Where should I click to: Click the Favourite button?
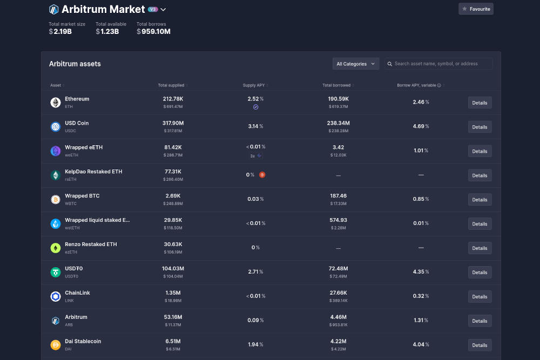click(476, 9)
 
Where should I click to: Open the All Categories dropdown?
click(356, 64)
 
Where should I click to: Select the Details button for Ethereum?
click(480, 103)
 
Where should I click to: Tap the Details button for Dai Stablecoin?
click(480, 345)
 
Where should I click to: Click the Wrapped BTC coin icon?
click(55, 200)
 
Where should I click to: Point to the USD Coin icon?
click(55, 127)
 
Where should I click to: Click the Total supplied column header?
click(171, 85)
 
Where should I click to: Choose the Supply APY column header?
click(254, 85)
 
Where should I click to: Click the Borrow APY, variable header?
click(417, 85)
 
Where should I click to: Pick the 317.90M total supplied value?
click(173, 123)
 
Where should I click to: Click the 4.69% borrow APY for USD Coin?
click(421, 126)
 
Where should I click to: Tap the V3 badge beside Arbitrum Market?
click(153, 9)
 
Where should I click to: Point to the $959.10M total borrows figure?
click(153, 31)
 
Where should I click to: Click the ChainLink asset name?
click(77, 293)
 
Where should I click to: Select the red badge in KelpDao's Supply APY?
click(262, 175)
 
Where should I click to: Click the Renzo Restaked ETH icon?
click(55, 248)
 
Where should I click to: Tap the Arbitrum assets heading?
click(75, 64)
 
